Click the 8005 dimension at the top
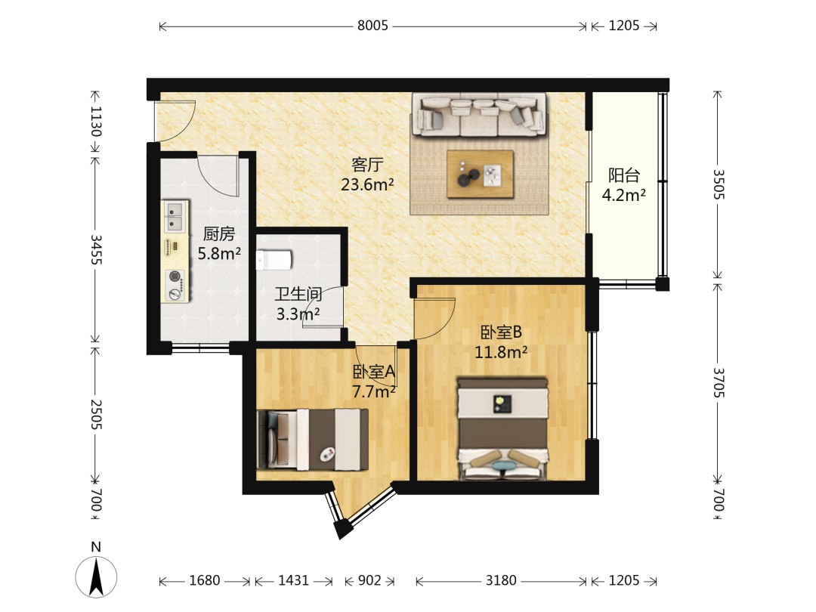(x=372, y=26)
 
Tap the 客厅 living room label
(x=367, y=165)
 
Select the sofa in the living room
(x=479, y=115)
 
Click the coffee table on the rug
(x=481, y=175)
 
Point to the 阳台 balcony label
(x=624, y=175)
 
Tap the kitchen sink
(x=175, y=216)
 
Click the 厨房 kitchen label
(x=219, y=233)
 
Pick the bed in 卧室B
(x=502, y=429)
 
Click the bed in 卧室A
(x=313, y=439)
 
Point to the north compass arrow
(x=96, y=576)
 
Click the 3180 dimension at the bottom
(x=501, y=580)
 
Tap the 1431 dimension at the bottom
(x=293, y=580)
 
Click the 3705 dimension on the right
(x=719, y=382)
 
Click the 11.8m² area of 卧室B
(x=501, y=352)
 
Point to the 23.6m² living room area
(x=367, y=184)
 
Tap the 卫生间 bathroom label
(x=298, y=294)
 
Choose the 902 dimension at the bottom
(x=369, y=580)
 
